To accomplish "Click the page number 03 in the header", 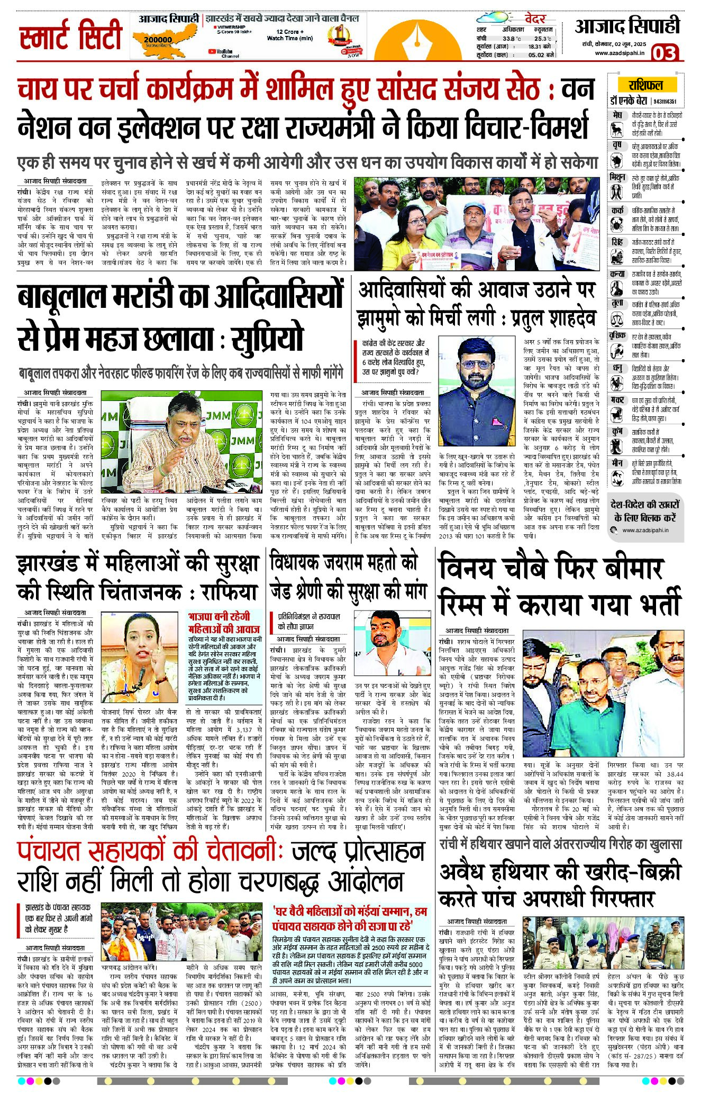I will [x=664, y=53].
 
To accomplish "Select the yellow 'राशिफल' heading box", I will [x=645, y=85].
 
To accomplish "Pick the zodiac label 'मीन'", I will [x=617, y=462].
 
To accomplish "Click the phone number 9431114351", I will [x=666, y=102].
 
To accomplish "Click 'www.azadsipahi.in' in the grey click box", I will [x=645, y=530].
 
